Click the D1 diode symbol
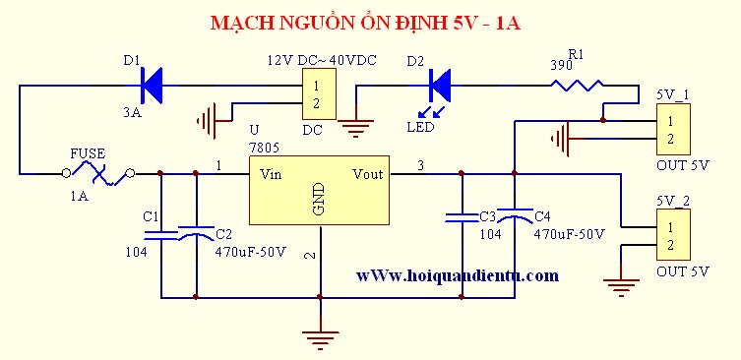tap(152, 86)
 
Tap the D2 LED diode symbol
tap(440, 86)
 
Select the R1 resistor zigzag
tap(577, 86)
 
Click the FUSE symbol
tap(98, 174)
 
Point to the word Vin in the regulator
tap(271, 174)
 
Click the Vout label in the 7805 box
tap(368, 174)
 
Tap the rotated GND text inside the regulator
tap(320, 199)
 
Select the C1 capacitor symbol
tap(161, 236)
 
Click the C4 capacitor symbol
tap(515, 214)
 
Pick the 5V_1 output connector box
tap(673, 129)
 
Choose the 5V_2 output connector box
tap(673, 235)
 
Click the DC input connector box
tap(320, 93)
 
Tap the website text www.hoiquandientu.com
tap(458, 275)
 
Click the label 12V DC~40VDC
tap(322, 60)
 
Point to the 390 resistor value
tap(562, 66)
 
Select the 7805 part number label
tap(264, 148)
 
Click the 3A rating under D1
tap(132, 113)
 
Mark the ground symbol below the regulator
tap(321, 340)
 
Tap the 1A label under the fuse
tap(80, 196)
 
